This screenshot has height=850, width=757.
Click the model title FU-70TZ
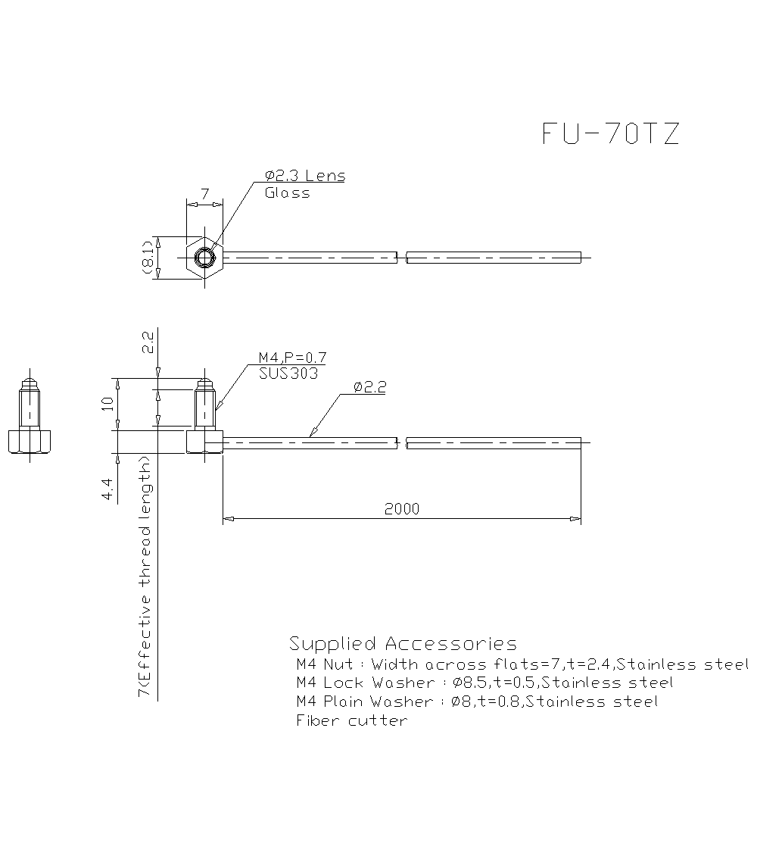(610, 133)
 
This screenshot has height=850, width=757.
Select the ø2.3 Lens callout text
(305, 176)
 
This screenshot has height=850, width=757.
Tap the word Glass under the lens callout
(287, 193)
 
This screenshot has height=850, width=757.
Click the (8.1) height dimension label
(148, 258)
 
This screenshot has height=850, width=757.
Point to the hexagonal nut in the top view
(204, 258)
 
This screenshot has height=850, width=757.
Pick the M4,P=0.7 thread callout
(292, 358)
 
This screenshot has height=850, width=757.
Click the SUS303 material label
(288, 373)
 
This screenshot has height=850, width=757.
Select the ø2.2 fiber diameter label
(370, 387)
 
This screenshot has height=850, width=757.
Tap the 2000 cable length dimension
(402, 509)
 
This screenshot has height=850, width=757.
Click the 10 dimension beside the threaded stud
(107, 404)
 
